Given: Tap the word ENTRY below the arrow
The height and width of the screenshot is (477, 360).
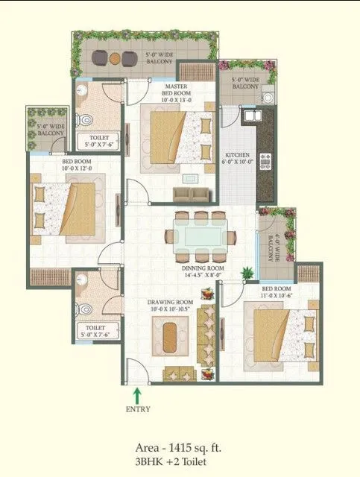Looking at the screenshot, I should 138,408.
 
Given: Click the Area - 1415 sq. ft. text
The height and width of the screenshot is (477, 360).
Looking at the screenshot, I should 180,448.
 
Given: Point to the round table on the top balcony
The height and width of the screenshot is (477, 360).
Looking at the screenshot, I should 116,57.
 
